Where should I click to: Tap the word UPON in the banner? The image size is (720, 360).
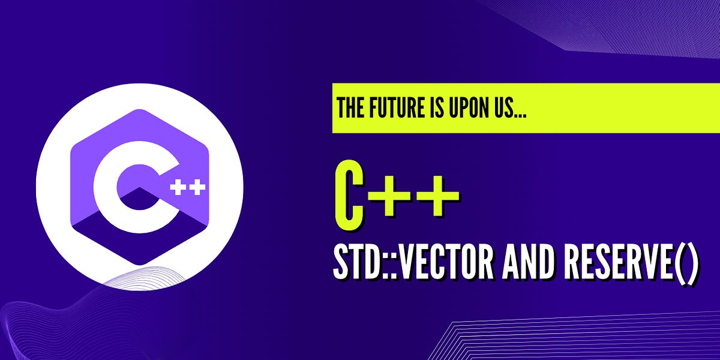[466, 109]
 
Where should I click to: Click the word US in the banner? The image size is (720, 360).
[500, 109]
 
